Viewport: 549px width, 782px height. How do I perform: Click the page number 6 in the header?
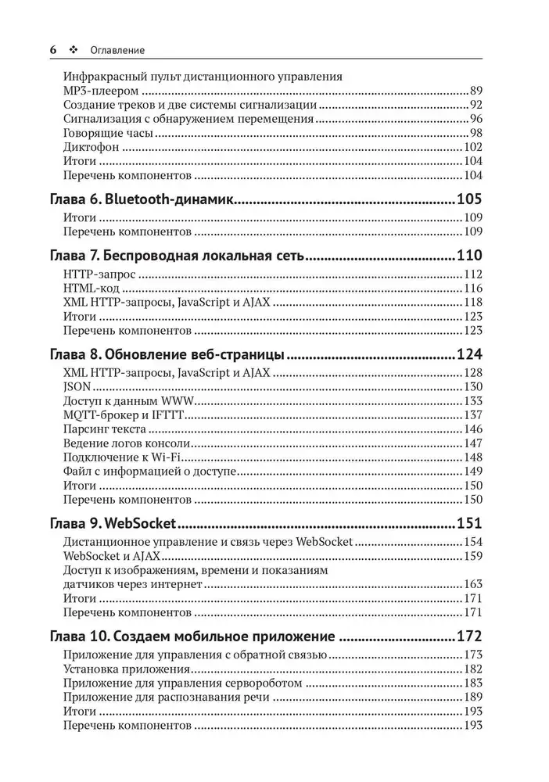coord(53,50)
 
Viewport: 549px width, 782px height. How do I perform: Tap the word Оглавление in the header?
coord(118,50)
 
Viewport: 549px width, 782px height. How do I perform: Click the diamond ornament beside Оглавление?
coord(74,50)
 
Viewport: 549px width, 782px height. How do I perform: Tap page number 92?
coord(475,105)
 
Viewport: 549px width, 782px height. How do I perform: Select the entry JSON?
coord(77,386)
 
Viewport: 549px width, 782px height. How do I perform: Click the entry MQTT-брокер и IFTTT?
coord(122,414)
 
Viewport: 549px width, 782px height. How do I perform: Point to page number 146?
coord(472,429)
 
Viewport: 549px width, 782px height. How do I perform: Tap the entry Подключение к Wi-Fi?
coord(121,457)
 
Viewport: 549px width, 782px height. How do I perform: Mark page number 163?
coord(472,584)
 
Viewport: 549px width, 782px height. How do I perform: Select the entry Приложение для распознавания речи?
coord(163,698)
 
